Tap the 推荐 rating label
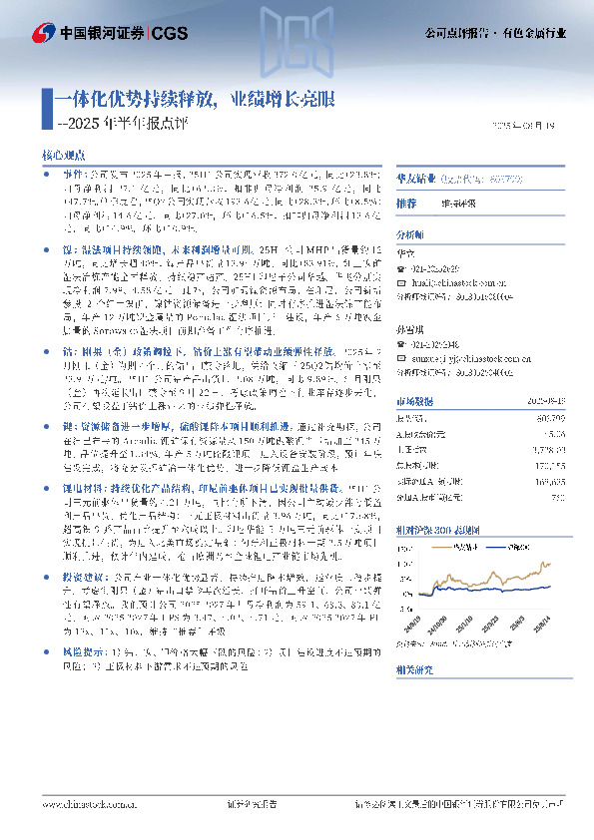tap(405, 203)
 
